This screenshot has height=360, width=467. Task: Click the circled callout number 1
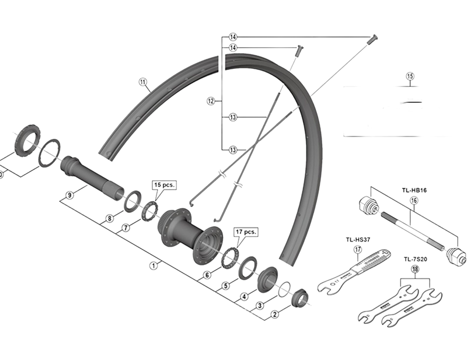[x=154, y=265]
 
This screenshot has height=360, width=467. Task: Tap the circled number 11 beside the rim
[x=142, y=82]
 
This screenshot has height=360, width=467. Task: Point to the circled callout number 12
[x=211, y=101]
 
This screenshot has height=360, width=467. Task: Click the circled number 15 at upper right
[x=410, y=76]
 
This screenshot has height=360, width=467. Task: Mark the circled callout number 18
[x=415, y=269]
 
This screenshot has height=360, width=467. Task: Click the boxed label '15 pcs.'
[x=164, y=185]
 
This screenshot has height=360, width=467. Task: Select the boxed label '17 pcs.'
[x=246, y=232]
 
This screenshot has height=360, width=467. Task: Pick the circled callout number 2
[x=274, y=314]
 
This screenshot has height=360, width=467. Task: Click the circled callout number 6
[x=207, y=275]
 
